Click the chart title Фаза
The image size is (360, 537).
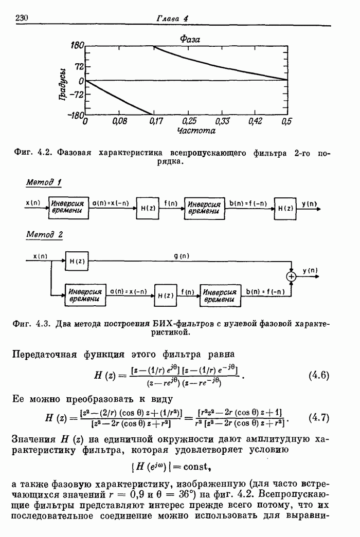pyautogui.click(x=190, y=39)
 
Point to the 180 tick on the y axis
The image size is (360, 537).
pyautogui.click(x=77, y=46)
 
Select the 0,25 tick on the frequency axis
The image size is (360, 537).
pyautogui.click(x=189, y=122)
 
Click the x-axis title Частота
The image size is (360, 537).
pyautogui.click(x=188, y=131)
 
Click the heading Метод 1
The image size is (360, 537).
pyautogui.click(x=44, y=182)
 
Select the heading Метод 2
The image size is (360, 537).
pyautogui.click(x=44, y=235)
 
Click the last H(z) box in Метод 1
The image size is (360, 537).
pyautogui.click(x=285, y=208)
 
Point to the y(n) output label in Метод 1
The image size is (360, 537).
pyautogui.click(x=309, y=203)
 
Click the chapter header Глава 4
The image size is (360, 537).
pyautogui.click(x=172, y=18)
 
